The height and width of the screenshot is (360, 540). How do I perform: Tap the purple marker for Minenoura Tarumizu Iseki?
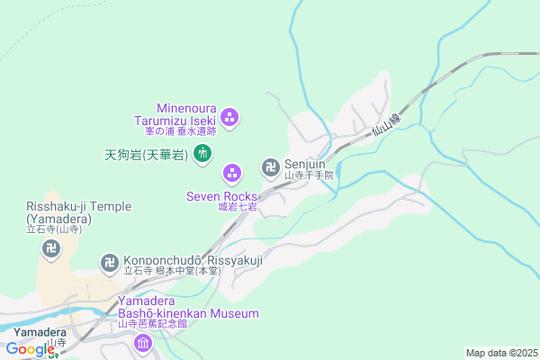tap(229, 116)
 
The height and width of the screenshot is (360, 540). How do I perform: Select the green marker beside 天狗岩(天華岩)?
tap(202, 154)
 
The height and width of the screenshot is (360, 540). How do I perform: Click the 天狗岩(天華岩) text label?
tap(143, 155)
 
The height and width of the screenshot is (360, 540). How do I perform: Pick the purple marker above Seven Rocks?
tap(232, 171)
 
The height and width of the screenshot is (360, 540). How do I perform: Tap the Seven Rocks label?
tap(220, 195)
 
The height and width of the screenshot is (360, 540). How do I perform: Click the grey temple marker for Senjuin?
tap(270, 166)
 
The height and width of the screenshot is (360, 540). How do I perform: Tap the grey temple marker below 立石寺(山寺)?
tap(49, 249)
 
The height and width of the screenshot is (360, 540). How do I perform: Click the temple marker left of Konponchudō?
tap(110, 262)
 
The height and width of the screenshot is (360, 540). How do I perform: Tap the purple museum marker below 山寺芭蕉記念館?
tap(143, 343)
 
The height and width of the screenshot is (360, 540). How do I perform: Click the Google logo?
tap(29, 349)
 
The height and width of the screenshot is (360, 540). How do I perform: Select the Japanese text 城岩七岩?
tap(237, 207)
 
